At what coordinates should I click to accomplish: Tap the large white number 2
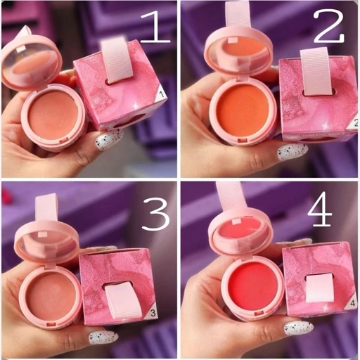(328, 25)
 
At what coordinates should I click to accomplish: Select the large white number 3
(155, 214)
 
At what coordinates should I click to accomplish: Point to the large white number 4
(320, 209)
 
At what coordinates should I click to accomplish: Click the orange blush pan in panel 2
(242, 109)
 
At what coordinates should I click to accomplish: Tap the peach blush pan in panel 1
(53, 115)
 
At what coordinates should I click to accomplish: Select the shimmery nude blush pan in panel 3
(51, 298)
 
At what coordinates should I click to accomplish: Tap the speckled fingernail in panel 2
(292, 152)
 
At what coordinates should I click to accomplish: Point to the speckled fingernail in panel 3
(103, 338)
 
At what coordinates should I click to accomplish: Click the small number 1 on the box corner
(161, 95)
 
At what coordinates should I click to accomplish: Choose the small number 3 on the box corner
(153, 313)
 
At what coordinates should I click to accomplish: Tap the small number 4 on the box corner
(353, 304)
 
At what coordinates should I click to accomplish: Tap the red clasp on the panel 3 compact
(51, 324)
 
